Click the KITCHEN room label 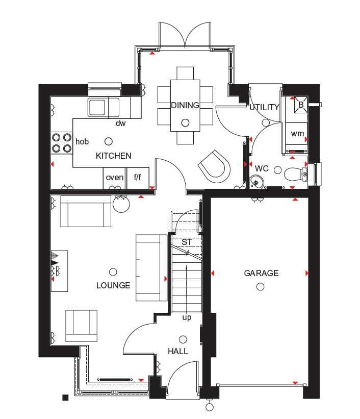114,156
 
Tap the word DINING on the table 185,105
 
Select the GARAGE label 261,273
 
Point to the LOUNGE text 113,285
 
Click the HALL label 178,351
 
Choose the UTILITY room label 265,107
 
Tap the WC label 262,168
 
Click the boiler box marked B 301,105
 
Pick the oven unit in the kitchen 114,178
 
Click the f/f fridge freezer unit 138,178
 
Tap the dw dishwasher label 120,123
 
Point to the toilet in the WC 296,175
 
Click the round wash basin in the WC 256,182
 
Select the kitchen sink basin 97,107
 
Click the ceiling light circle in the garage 261,287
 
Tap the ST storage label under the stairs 187,242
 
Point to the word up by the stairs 187,317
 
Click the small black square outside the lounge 65,398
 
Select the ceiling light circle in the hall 183,339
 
